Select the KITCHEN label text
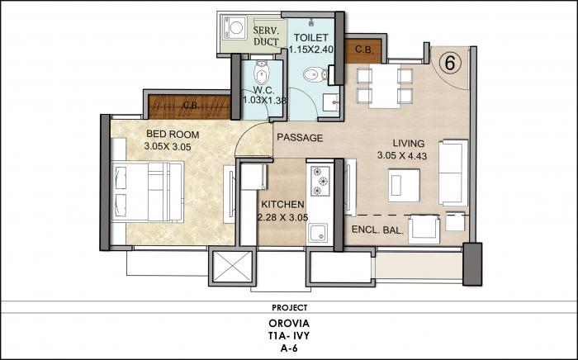[283, 204]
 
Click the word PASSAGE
[299, 137]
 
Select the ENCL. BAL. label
[377, 230]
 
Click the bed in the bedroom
[146, 191]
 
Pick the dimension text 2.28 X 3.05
[283, 218]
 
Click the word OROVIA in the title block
[288, 322]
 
